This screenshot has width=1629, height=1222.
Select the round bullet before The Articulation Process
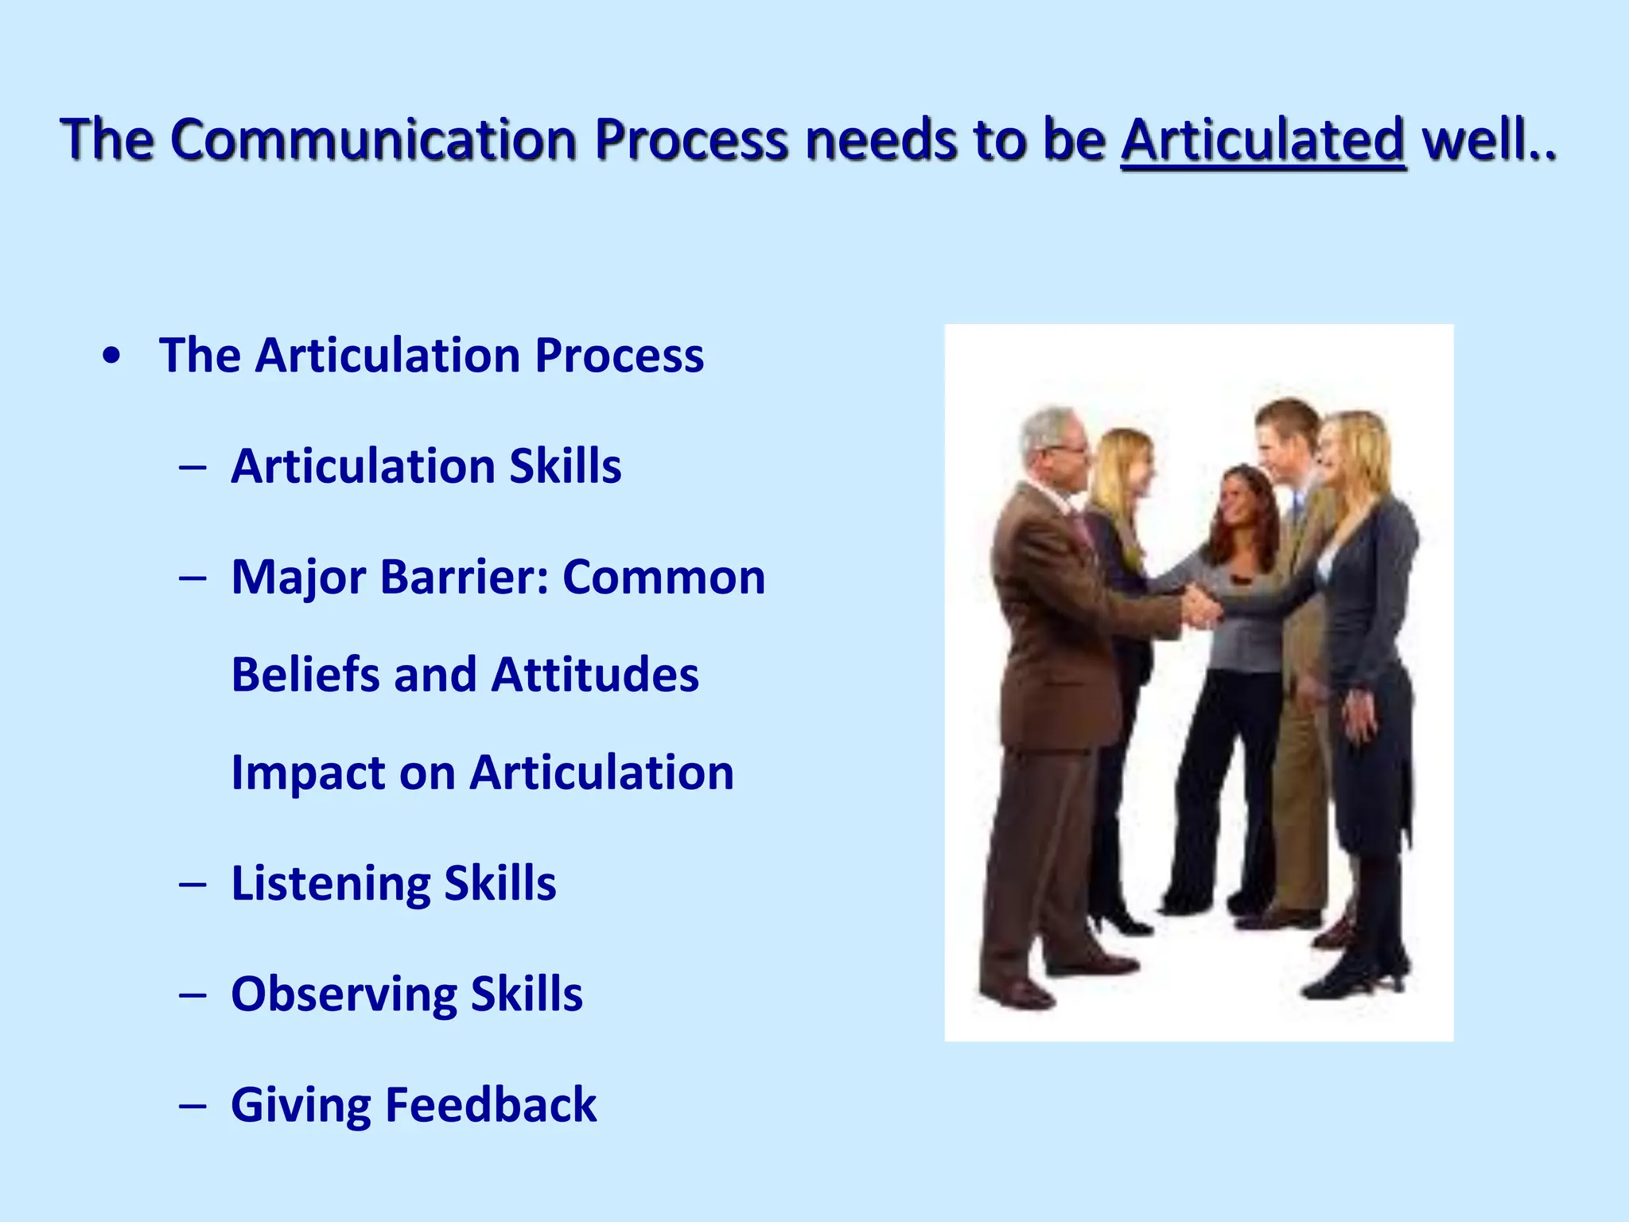(112, 356)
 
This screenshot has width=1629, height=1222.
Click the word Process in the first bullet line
(619, 356)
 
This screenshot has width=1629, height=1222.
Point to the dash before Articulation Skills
(192, 467)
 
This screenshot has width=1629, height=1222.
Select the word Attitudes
(595, 675)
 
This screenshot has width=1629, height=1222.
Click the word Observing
(344, 994)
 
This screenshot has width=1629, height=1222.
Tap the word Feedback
(492, 1105)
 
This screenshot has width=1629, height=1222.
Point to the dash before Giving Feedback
(192, 1106)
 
